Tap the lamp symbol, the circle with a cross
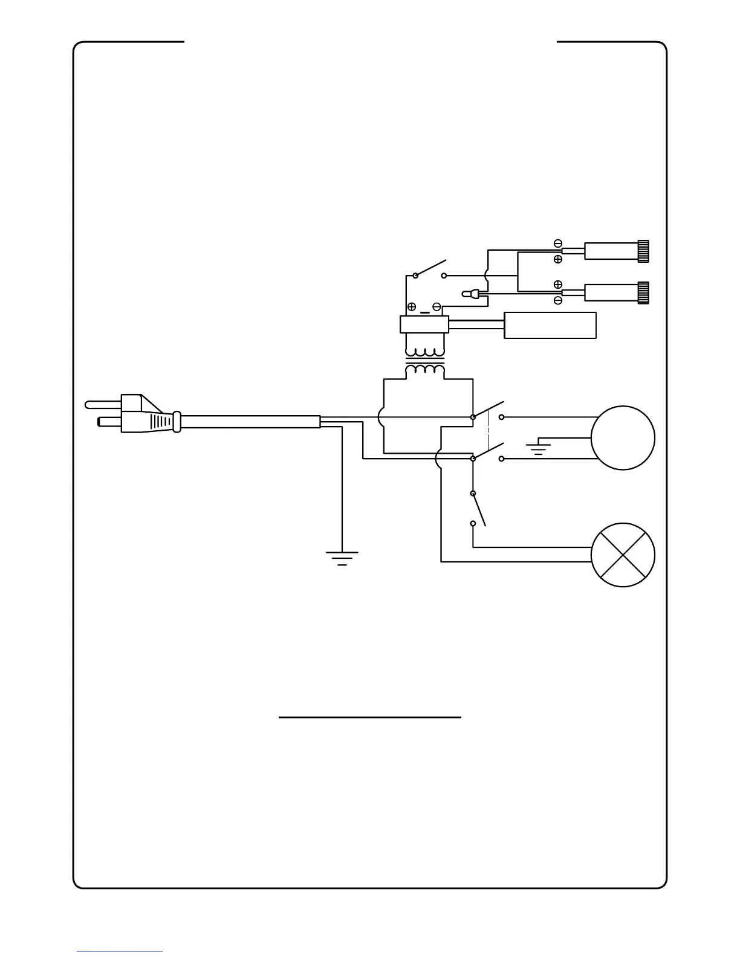pyautogui.click(x=623, y=555)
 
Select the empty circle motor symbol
pyautogui.click(x=623, y=438)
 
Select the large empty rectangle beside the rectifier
pyautogui.click(x=550, y=326)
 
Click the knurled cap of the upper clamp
pyautogui.click(x=643, y=250)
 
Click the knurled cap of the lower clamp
pyautogui.click(x=643, y=292)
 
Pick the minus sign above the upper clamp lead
pyautogui.click(x=557, y=243)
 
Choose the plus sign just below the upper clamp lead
pyautogui.click(x=557, y=259)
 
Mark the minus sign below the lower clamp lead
pyautogui.click(x=557, y=300)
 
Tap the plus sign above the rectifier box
pyautogui.click(x=412, y=306)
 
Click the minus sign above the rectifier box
pyautogui.click(x=437, y=306)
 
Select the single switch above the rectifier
pyautogui.click(x=430, y=269)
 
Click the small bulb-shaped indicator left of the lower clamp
pyautogui.click(x=469, y=294)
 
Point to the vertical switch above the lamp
pyautogui.click(x=477, y=509)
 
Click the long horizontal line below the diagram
pyautogui.click(x=370, y=718)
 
